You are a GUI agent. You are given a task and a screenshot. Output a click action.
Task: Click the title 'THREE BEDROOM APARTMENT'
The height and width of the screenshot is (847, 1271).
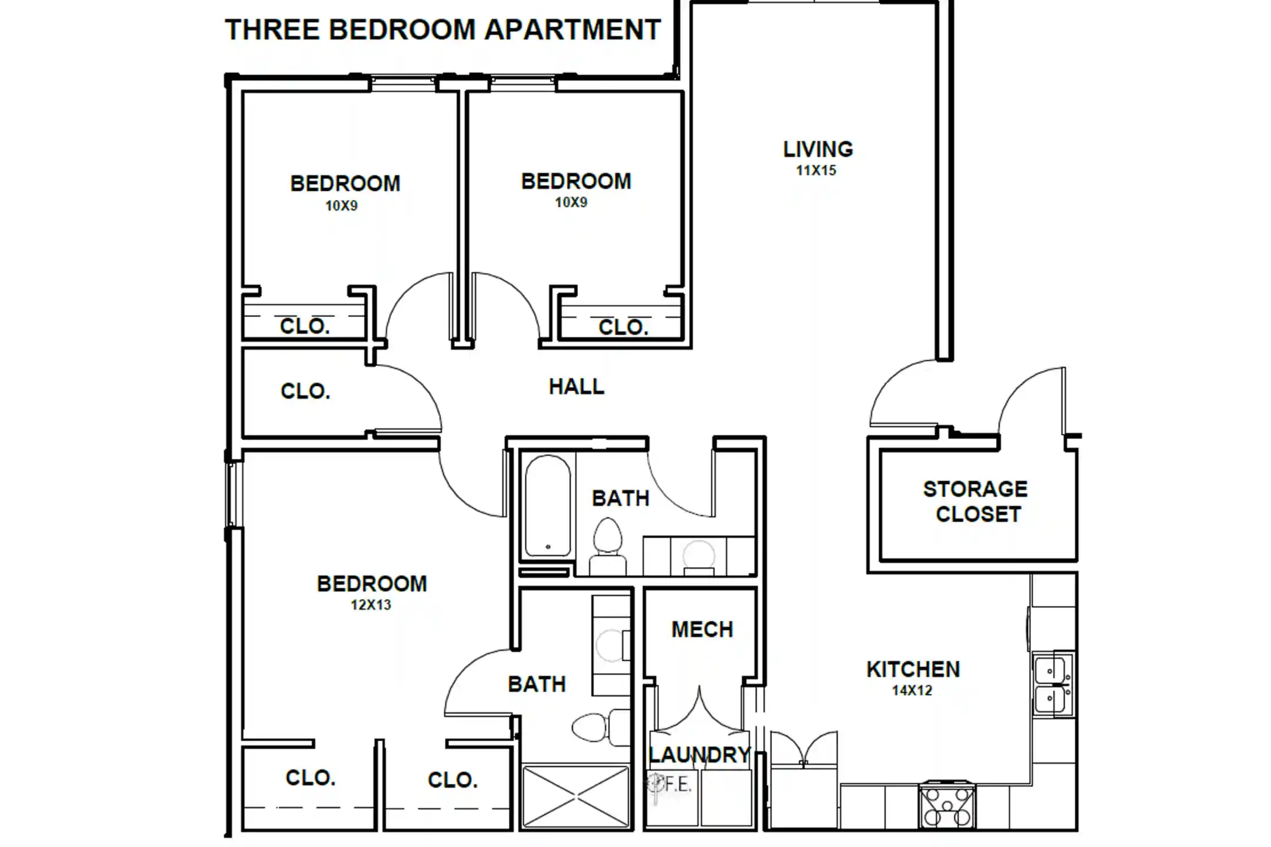443,29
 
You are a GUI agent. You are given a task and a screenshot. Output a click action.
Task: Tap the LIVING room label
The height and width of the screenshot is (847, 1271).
818,149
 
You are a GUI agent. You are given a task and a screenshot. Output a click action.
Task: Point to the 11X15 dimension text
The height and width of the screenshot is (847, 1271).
816,171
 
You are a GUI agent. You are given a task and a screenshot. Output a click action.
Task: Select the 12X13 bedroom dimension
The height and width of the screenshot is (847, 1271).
371,605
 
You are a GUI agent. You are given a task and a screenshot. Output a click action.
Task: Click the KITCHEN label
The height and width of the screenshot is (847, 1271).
913,669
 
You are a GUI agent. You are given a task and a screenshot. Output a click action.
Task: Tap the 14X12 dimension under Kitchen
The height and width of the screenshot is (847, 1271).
912,691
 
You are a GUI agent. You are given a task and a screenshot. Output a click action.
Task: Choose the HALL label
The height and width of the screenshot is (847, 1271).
577,386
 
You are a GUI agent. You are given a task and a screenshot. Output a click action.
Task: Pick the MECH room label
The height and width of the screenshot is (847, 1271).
703,629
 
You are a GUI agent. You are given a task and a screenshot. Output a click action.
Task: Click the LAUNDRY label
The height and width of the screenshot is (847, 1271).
700,755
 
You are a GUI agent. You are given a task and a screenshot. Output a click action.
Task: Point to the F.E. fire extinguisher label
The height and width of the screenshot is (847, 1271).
677,784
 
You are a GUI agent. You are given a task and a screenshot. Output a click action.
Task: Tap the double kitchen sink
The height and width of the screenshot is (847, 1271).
1053,683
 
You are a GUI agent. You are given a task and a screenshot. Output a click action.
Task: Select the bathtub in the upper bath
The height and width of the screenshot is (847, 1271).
548,506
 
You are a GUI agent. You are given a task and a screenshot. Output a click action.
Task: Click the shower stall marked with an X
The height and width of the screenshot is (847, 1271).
575,797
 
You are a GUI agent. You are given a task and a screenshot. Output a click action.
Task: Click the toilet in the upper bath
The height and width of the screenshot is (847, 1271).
608,546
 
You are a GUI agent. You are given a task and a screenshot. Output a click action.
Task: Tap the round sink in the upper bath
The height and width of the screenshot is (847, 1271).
698,555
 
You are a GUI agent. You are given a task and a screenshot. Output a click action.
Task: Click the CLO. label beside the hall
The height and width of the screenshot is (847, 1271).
305,391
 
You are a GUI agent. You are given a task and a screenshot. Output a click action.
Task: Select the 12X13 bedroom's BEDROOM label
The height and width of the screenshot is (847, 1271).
372,583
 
